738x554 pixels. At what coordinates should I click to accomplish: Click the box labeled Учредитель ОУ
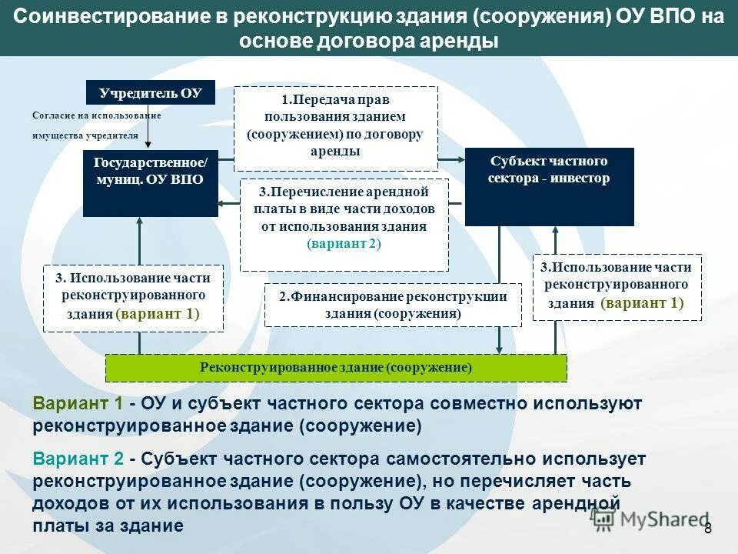pyautogui.click(x=150, y=93)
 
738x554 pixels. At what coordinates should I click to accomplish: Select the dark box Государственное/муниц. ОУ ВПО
pyautogui.click(x=150, y=183)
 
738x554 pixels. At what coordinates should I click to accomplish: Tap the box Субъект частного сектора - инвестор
pyautogui.click(x=549, y=187)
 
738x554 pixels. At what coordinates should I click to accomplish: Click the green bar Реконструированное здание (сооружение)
pyautogui.click(x=335, y=368)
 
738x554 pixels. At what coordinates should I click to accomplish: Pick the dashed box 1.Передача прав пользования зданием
pyautogui.click(x=335, y=128)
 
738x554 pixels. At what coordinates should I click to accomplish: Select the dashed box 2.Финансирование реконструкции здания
pyautogui.click(x=393, y=305)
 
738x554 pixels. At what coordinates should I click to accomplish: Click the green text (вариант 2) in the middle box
pyautogui.click(x=344, y=243)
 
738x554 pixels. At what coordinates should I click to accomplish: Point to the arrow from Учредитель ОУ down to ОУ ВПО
pyautogui.click(x=148, y=127)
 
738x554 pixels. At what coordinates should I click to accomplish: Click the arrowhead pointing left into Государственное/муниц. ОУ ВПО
pyautogui.click(x=224, y=202)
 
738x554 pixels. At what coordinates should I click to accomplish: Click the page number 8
pyautogui.click(x=708, y=527)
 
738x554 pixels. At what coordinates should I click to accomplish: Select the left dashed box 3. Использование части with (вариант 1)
pyautogui.click(x=133, y=298)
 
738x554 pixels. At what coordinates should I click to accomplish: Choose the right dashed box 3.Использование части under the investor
pyautogui.click(x=617, y=286)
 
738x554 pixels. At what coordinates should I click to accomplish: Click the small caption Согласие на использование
pyautogui.click(x=96, y=115)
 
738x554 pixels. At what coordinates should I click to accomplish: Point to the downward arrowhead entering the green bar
pyautogui.click(x=500, y=349)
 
